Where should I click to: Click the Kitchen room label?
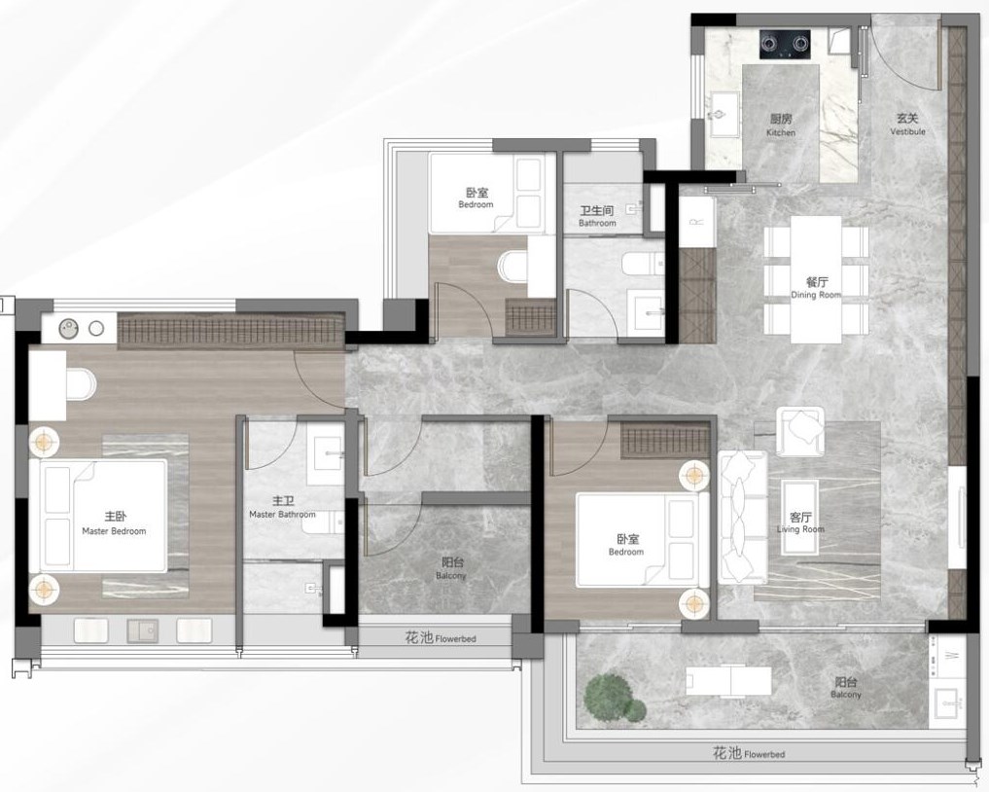pos(781,125)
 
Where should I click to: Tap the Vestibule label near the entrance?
pos(907,124)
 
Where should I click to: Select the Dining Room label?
pos(816,287)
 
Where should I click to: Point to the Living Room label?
pos(800,522)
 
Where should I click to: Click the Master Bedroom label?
pos(114,523)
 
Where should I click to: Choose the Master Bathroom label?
pos(283,507)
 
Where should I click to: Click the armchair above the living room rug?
pos(800,431)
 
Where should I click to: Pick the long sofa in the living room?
pos(742,517)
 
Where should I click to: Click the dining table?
pos(816,279)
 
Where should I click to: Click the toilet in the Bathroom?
pos(642,264)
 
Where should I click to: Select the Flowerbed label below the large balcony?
pos(749,753)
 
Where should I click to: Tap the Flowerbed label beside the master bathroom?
pos(441,638)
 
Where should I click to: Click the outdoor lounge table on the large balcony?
pos(728,681)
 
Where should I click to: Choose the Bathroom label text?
pos(597,216)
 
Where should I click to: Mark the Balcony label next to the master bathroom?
pos(451,568)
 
